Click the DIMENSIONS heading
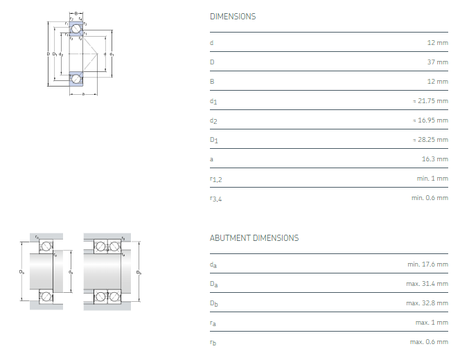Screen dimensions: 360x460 232,17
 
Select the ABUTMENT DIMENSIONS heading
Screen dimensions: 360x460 254,238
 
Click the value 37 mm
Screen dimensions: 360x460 436,62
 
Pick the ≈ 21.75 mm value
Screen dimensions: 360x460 430,101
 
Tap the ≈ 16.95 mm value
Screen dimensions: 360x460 430,120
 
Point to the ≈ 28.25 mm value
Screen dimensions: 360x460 430,140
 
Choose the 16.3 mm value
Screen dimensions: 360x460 434,159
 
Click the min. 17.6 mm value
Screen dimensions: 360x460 427,264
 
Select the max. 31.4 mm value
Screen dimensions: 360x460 427,284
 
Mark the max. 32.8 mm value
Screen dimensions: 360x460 427,303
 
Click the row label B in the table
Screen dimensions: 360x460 212,82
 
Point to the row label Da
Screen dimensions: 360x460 213,285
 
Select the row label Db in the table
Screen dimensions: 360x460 213,304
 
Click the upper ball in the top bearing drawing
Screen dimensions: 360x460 76,28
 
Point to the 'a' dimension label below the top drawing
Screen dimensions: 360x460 83,94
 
